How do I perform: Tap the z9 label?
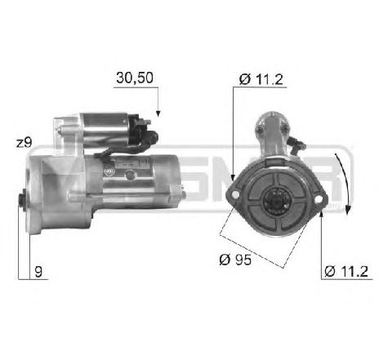24,143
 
